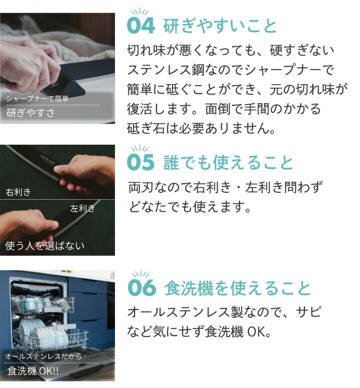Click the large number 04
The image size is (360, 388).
click(141, 26)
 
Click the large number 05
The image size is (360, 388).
click(141, 162)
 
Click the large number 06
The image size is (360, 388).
click(142, 287)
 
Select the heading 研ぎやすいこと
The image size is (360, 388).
click(219, 26)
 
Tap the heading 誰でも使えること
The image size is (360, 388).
click(228, 162)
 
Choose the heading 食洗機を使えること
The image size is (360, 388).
click(237, 288)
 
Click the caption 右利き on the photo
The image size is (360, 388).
click(18, 192)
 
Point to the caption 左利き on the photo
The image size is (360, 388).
click(82, 208)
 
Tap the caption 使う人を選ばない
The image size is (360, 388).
click(44, 245)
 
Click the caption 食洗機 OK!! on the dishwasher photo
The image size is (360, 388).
click(33, 371)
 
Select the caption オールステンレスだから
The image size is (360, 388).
click(43, 356)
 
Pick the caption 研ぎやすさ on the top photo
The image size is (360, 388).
click(30, 113)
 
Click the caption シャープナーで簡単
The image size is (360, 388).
click(37, 99)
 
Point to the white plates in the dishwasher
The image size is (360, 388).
click(43, 333)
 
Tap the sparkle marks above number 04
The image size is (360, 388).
click(139, 12)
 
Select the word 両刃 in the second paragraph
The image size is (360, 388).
click(141, 187)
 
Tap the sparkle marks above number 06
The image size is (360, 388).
click(140, 274)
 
